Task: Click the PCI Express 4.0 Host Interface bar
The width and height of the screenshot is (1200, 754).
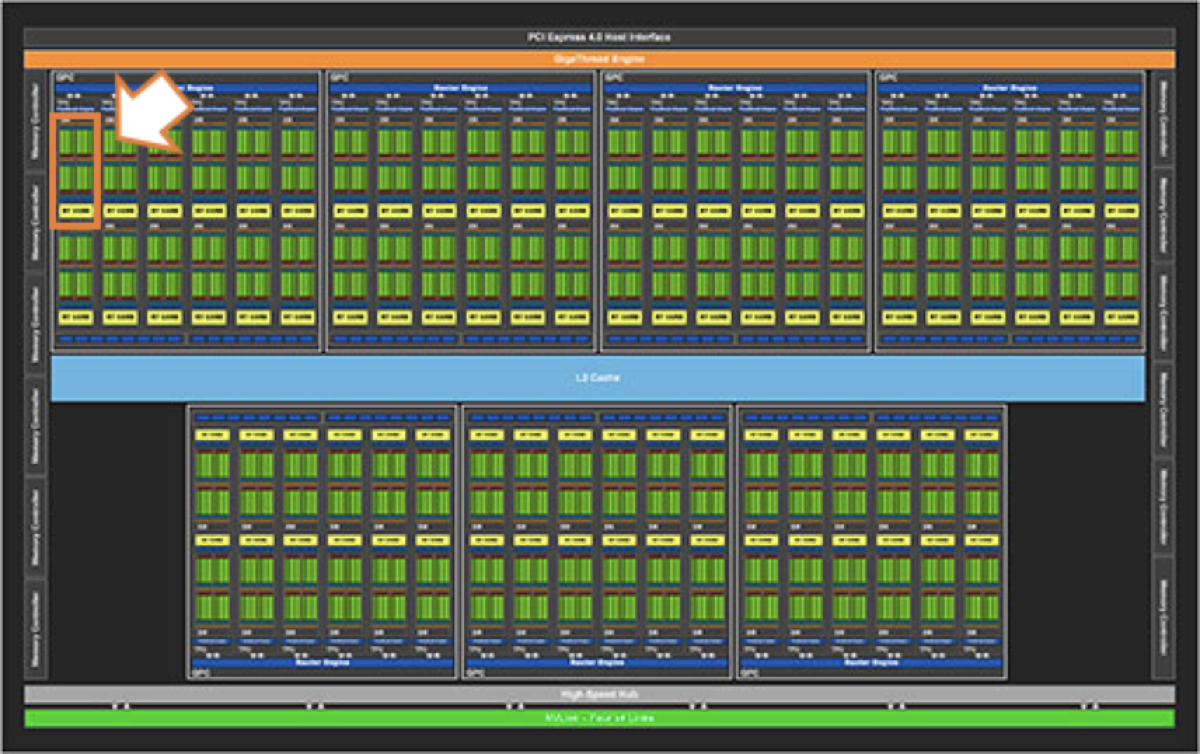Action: [599, 36]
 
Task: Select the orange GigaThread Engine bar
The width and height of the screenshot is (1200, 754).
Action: [599, 59]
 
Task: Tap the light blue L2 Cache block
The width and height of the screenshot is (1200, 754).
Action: [597, 378]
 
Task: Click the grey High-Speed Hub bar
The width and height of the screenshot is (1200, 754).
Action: [599, 694]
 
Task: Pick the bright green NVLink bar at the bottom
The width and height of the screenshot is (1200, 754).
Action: [599, 718]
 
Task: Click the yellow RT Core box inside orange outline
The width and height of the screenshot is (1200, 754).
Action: [76, 211]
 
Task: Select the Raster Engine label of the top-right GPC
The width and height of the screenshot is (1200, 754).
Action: [1009, 88]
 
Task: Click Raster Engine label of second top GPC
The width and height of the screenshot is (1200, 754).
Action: [460, 88]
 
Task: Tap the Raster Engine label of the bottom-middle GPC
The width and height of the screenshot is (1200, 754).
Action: [597, 662]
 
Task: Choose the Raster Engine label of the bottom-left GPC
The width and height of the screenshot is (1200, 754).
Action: [322, 662]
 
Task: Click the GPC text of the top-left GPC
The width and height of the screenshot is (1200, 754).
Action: [64, 77]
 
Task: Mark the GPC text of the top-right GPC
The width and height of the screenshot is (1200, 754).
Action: [888, 77]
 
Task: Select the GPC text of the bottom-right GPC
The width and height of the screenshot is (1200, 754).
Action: [749, 673]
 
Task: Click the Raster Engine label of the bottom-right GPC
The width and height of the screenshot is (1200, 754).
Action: [871, 662]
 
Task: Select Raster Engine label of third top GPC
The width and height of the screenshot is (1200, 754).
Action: [735, 88]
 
